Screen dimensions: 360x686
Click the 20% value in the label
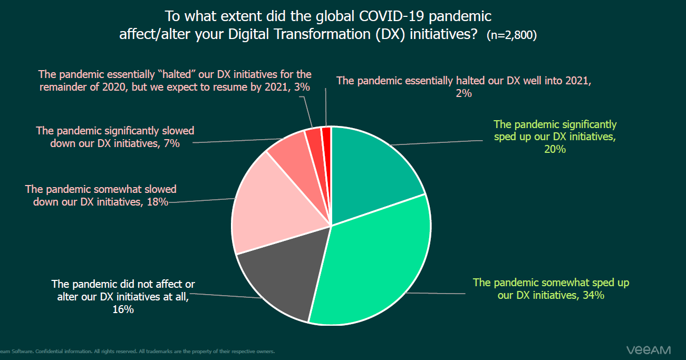point(555,149)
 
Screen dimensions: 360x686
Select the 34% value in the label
point(593,295)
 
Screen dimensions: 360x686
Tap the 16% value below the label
point(123,309)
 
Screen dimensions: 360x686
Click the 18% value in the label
point(158,201)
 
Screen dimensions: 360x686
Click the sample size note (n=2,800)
point(511,36)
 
